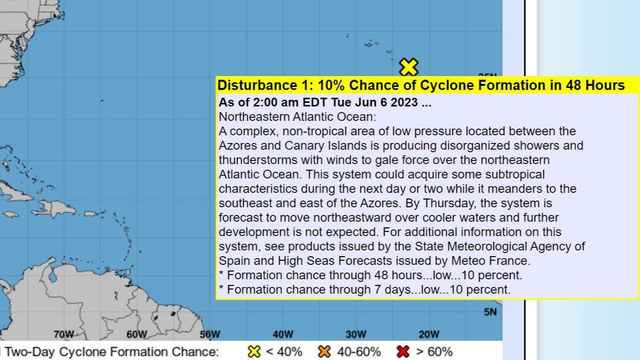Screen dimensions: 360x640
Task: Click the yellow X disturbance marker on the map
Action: click(409, 67)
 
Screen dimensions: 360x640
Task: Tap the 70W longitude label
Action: click(64, 335)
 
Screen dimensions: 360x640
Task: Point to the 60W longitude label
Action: click(137, 335)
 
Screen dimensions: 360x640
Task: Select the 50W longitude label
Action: click(210, 335)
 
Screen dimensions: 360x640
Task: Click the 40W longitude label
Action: click(283, 335)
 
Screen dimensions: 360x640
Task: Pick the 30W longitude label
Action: click(356, 335)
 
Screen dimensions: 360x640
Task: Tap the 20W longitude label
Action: click(429, 335)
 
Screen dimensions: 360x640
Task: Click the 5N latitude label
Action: click(490, 312)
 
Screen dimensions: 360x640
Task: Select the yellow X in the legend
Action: click(254, 352)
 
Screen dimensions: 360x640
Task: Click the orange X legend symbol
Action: click(324, 352)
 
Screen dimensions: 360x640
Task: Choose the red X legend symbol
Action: click(403, 352)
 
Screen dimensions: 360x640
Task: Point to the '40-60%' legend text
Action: click(359, 352)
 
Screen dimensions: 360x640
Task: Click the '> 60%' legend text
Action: click(434, 352)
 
